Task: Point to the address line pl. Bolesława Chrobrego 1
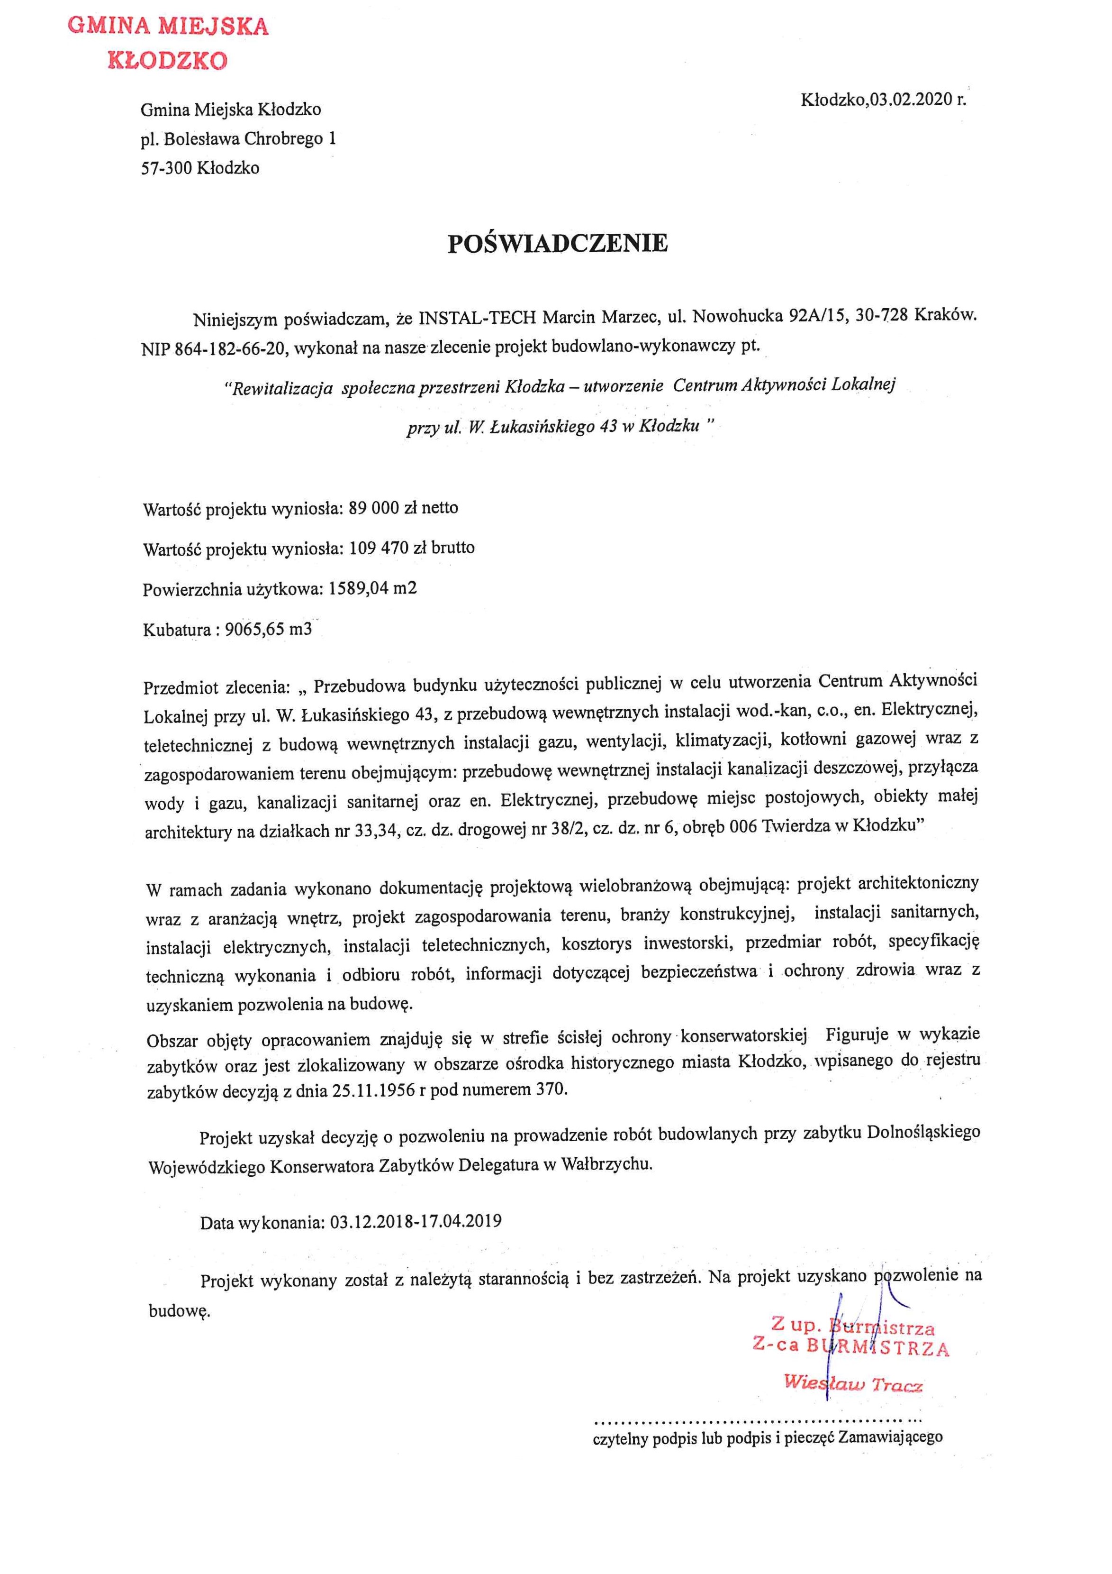(x=238, y=139)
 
